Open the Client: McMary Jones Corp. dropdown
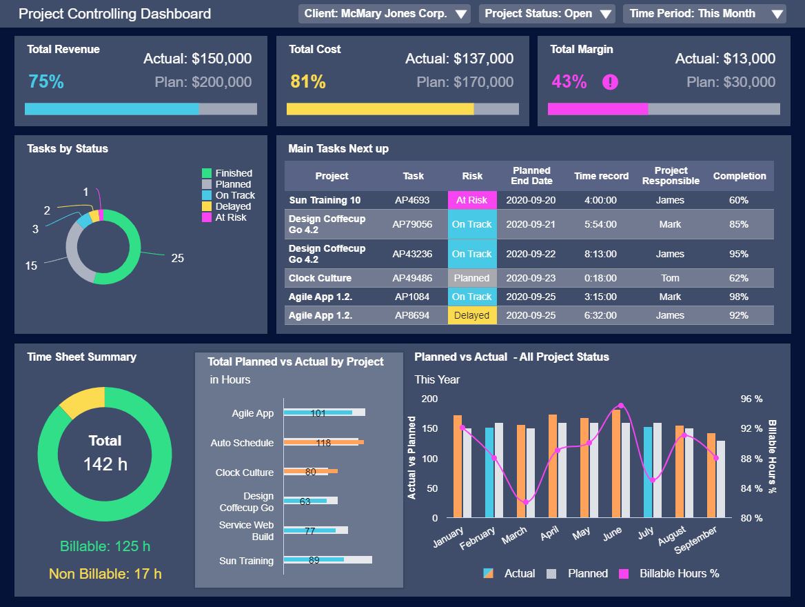click(x=385, y=14)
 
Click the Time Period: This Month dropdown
click(x=704, y=14)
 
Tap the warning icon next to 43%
click(x=610, y=82)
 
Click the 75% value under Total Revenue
click(x=46, y=82)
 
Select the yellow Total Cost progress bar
click(x=380, y=109)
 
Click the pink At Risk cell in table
click(x=471, y=200)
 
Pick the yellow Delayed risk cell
click(x=471, y=315)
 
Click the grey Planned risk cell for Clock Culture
click(x=471, y=278)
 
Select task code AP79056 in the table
click(x=412, y=224)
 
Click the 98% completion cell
click(x=739, y=297)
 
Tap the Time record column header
click(x=601, y=176)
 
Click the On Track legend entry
click(x=234, y=195)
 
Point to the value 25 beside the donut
click(x=178, y=258)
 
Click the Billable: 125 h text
click(x=105, y=546)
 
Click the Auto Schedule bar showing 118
click(x=323, y=442)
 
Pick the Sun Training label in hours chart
click(x=246, y=561)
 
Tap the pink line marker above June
click(x=621, y=406)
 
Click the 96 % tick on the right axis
click(x=752, y=399)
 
